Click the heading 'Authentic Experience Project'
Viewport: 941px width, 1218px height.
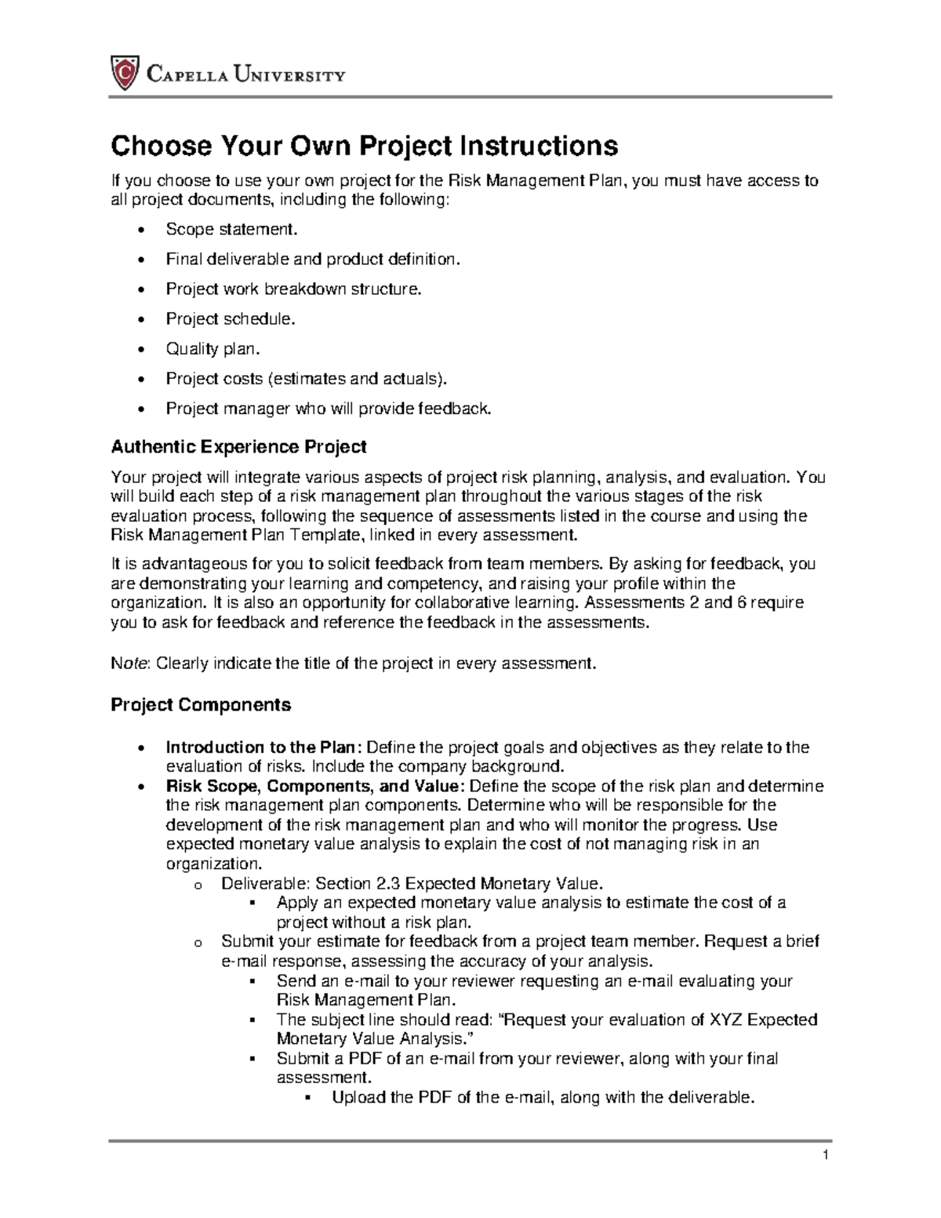pos(238,447)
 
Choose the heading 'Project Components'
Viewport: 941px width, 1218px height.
pos(201,704)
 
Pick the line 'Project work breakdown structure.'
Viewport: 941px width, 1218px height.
pos(293,289)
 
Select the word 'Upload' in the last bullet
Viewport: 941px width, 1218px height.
pos(358,1097)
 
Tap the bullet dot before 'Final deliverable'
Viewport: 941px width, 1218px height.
pos(140,260)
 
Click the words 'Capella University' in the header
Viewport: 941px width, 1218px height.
pos(245,75)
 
